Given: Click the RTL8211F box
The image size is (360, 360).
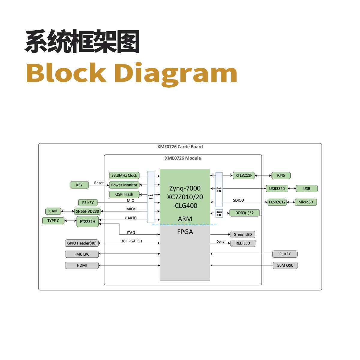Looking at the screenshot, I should coord(244,175).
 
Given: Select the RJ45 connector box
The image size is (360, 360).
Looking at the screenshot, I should coord(281,175).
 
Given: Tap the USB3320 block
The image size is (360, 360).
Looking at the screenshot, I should coord(277,188).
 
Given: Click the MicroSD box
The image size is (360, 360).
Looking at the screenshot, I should coord(305,202).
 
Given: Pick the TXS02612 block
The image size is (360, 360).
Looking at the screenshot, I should coord(277,202).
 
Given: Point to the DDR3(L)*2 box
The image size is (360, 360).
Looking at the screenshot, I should coord(244,213).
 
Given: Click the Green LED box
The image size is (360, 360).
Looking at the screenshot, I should coord(242,235).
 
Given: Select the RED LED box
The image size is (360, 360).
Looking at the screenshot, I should coord(242,243).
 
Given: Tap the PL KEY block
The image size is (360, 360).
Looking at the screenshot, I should coord(285,254).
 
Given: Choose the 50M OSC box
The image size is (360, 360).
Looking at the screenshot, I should coord(285,265).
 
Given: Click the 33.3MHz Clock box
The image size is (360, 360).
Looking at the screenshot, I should coord(124,175).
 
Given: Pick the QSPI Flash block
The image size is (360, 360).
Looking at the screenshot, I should coord(124,194).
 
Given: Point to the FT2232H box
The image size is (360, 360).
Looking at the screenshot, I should coord(87,222).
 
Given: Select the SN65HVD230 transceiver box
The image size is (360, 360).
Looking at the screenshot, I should coord(87,211).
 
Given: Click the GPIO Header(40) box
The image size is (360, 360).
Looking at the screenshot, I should coord(82,243).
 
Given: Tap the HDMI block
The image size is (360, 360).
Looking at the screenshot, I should coord(82,265).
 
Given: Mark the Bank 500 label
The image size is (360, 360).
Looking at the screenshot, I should coord(151,197).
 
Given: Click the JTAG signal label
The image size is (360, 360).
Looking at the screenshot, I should coord(130,232).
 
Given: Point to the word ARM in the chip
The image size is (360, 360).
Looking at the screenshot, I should coord(185,219).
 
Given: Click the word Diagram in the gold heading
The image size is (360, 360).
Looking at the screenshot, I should coord(176,73).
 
